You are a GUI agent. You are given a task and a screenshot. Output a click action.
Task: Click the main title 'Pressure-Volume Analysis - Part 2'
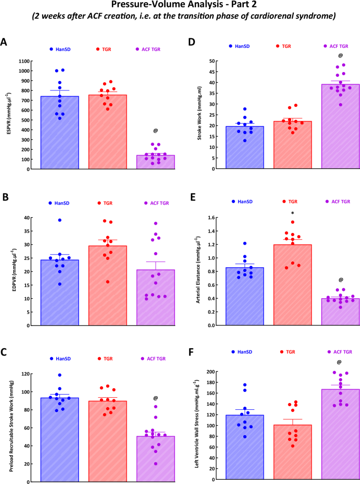(180, 6)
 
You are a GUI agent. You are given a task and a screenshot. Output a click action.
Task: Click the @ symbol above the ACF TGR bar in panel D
(340, 56)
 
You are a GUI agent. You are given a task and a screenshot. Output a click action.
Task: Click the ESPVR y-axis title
(8, 115)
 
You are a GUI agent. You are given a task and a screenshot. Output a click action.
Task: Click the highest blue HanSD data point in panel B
(59, 220)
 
